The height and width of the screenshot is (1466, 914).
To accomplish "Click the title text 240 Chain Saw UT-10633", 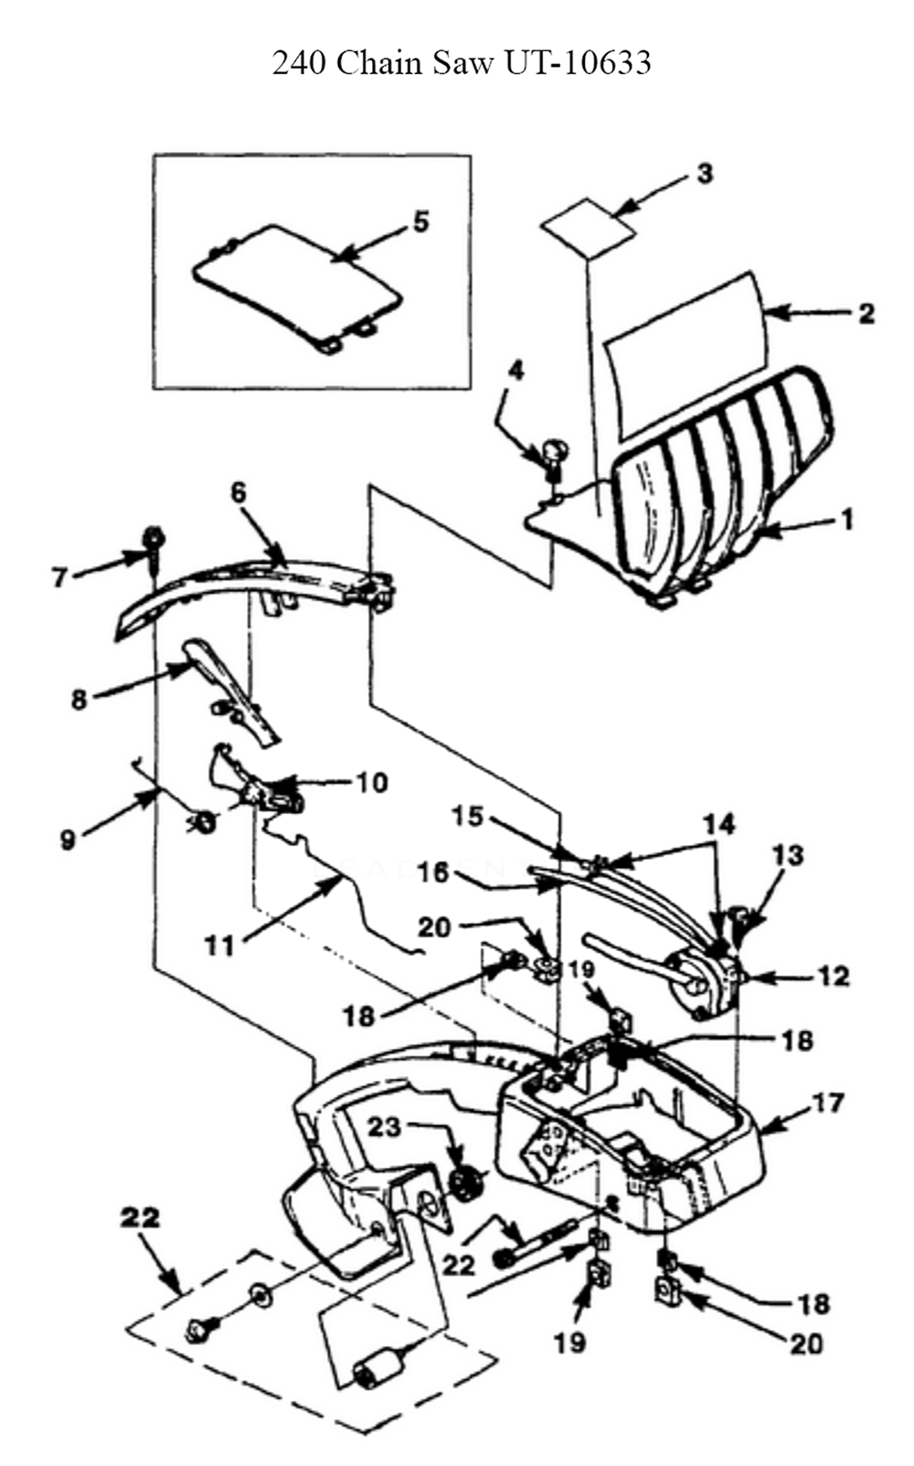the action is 462,63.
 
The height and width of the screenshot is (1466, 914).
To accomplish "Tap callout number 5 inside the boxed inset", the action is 421,222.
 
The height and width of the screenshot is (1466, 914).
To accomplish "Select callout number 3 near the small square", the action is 705,174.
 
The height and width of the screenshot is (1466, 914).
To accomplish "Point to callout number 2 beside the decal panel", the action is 866,314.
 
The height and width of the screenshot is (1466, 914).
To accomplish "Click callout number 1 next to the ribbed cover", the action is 847,520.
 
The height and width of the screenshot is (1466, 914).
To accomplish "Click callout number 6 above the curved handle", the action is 239,493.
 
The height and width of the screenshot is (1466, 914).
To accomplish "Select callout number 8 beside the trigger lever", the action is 79,701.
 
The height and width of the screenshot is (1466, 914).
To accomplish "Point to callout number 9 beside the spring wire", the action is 68,840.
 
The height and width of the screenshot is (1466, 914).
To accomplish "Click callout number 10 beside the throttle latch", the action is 372,782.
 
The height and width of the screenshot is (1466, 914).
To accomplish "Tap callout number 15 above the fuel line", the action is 469,818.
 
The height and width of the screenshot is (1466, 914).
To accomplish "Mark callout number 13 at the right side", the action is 787,855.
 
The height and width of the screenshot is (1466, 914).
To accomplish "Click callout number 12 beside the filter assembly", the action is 833,976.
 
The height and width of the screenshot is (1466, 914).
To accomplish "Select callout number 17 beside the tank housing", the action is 828,1103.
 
